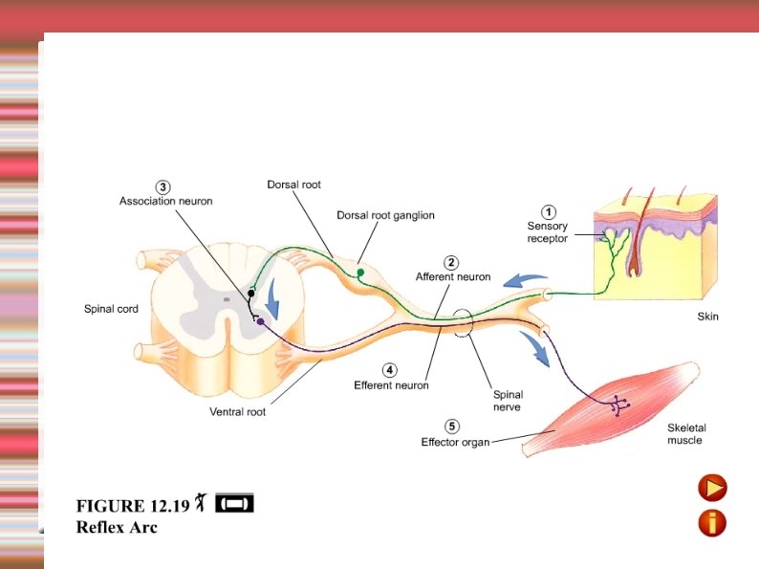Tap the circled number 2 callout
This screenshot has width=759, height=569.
[451, 262]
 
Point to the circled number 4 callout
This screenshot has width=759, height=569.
[390, 370]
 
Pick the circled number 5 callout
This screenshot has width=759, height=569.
[452, 427]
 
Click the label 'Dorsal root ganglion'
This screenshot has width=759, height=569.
[385, 215]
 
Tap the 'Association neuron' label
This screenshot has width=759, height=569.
[165, 201]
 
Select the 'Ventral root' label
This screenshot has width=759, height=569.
[237, 412]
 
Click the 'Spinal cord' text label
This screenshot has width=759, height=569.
[111, 309]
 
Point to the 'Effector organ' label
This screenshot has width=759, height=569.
[455, 442]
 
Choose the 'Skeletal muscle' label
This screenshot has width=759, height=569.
[686, 434]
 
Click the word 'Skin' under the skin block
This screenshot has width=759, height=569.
[706, 317]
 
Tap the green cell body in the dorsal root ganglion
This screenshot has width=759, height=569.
[360, 274]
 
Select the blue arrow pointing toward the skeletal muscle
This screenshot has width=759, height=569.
[535, 350]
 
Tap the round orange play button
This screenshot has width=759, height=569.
[712, 488]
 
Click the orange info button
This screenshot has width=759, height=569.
[712, 522]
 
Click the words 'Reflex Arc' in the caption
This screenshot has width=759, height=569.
[117, 526]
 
